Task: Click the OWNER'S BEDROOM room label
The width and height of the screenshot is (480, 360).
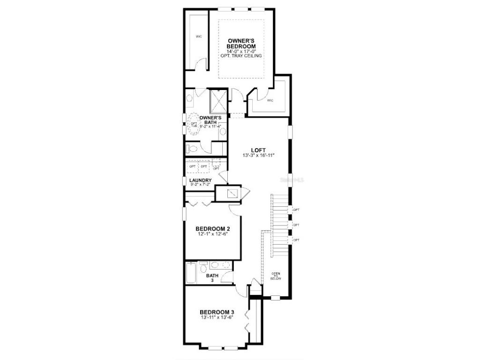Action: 241,44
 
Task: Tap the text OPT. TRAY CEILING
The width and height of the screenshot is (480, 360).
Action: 241,56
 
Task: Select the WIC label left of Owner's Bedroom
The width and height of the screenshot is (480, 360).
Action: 199,37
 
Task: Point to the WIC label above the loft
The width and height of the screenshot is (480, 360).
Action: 270,100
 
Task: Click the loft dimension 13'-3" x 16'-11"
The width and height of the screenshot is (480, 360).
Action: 258,156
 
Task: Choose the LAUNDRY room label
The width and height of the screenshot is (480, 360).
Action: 200,180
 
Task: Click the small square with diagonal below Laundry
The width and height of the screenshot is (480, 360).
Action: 232,193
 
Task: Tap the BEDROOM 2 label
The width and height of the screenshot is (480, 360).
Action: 213,229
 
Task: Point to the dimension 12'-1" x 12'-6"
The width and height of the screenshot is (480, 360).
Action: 213,234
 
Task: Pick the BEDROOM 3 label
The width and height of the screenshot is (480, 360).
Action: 217,312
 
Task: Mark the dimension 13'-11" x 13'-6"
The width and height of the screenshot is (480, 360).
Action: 217,318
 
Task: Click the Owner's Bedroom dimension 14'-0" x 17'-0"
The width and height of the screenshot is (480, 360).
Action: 241,51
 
